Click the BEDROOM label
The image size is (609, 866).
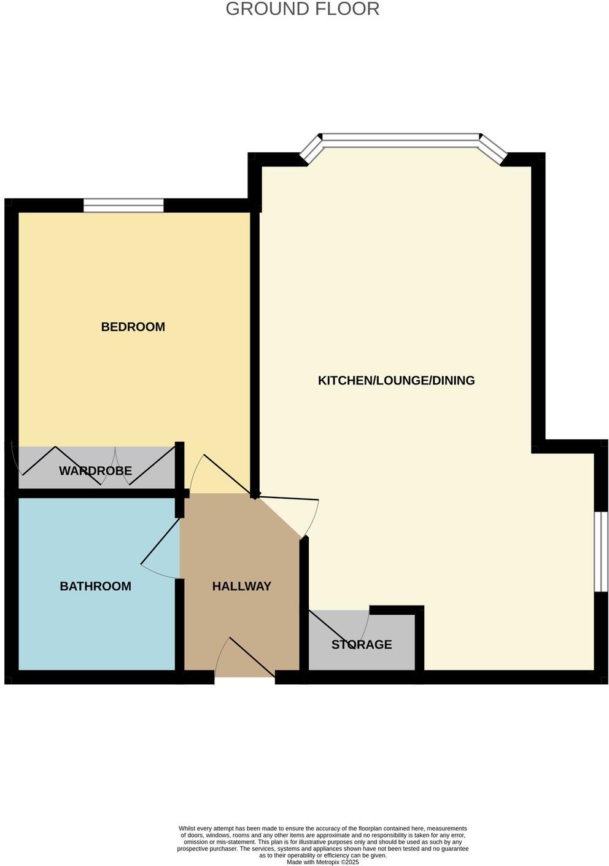pyautogui.click(x=133, y=327)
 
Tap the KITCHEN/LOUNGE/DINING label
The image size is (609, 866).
pyautogui.click(x=396, y=380)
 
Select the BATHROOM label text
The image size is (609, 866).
pyautogui.click(x=95, y=586)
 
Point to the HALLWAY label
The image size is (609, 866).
pyautogui.click(x=241, y=586)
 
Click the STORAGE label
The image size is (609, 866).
pyautogui.click(x=362, y=644)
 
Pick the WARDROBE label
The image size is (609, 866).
pyautogui.click(x=95, y=471)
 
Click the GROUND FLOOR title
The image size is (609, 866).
pyautogui.click(x=303, y=9)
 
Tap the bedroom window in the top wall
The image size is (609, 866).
pyautogui.click(x=123, y=206)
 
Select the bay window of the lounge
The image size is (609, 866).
pyautogui.click(x=401, y=140)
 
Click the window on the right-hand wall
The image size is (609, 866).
pyautogui.click(x=600, y=551)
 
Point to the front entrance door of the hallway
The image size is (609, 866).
pyautogui.click(x=246, y=660)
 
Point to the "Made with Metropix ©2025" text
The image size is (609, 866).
pyautogui.click(x=322, y=862)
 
